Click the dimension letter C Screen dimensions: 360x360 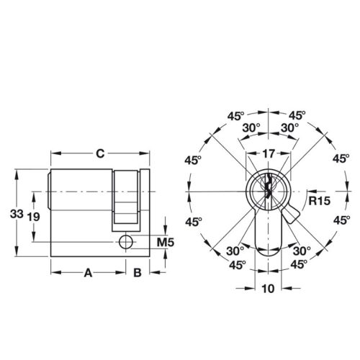[x=101, y=153]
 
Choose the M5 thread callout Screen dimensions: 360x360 [x=166, y=241]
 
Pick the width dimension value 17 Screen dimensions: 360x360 [x=268, y=153]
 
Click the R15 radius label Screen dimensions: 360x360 [x=318, y=200]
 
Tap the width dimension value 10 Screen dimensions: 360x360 [x=268, y=289]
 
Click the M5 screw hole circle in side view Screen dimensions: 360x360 [x=127, y=240]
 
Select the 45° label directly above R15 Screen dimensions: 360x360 [x=338, y=160]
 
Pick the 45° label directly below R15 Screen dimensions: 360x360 [x=338, y=222]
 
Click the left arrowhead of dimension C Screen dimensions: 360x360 [x=52, y=153]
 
